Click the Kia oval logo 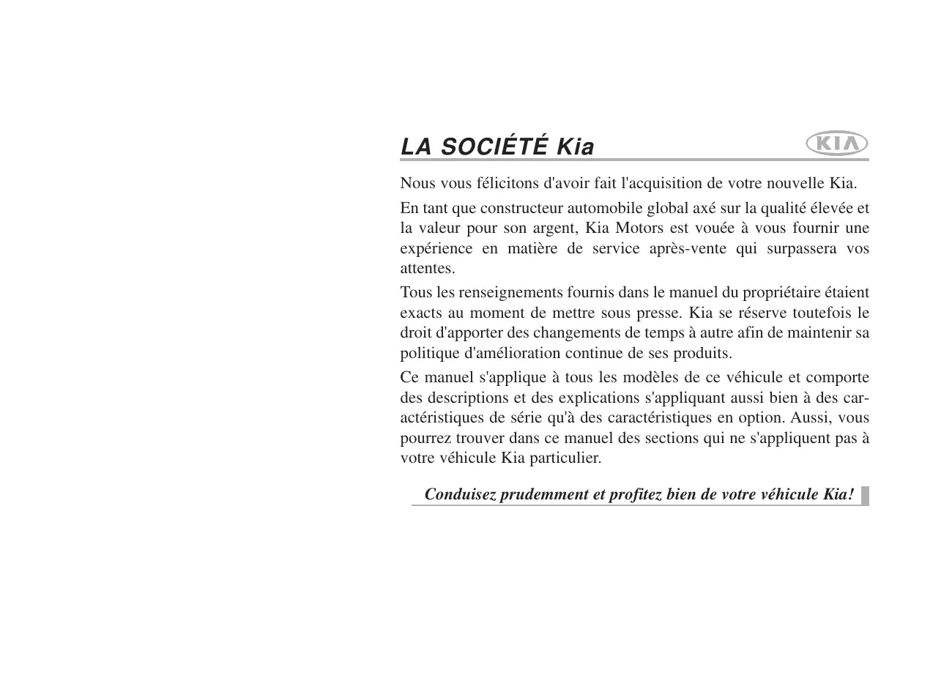[x=836, y=144]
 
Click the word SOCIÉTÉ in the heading [x=494, y=147]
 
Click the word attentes [x=427, y=269]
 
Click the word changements [x=573, y=333]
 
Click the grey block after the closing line [x=865, y=496]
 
